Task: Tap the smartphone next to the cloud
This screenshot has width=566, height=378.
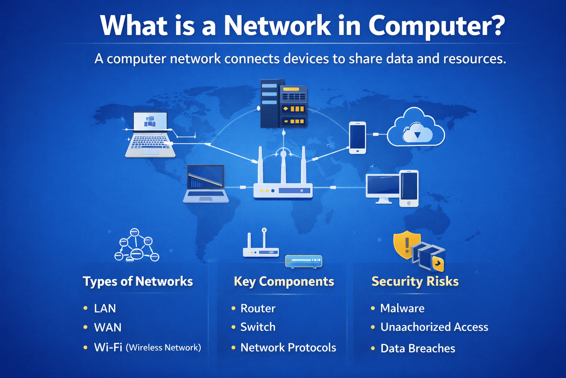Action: point(357,137)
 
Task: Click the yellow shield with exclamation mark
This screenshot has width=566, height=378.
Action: point(406,244)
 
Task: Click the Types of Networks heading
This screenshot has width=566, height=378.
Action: point(138,281)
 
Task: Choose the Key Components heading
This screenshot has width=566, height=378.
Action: point(284,281)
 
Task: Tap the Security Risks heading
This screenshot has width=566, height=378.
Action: point(415,281)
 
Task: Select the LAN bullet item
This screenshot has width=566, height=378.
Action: point(105,308)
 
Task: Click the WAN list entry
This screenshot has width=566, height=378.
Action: point(108,327)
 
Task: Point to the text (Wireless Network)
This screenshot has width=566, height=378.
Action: point(164,347)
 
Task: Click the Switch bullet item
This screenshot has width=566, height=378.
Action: point(258,327)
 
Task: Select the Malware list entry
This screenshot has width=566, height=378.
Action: point(402,308)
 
